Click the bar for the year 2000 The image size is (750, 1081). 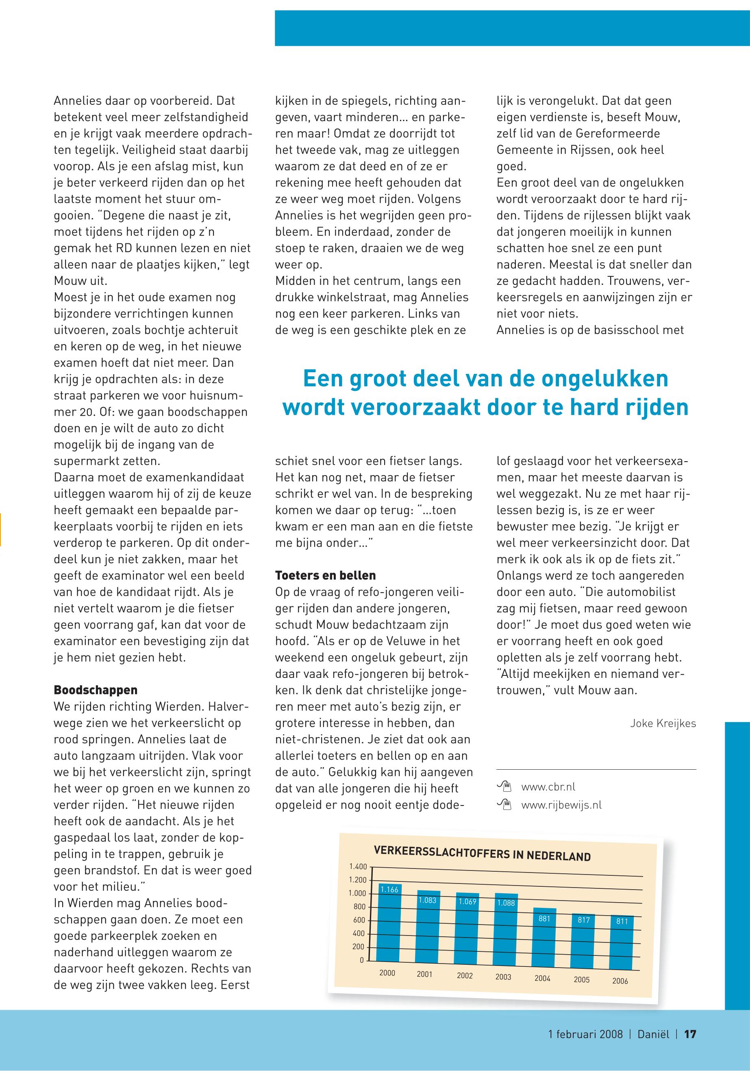click(389, 922)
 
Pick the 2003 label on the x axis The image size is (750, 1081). click(503, 977)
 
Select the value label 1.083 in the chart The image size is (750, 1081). click(427, 901)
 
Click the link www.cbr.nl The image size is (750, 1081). click(548, 786)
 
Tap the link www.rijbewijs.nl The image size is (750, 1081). click(561, 805)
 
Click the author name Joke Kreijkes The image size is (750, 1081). click(663, 723)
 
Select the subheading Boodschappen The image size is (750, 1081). click(96, 690)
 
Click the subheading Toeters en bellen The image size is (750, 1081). click(325, 575)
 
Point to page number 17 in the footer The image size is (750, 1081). click(690, 1034)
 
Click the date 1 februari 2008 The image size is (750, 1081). click(585, 1034)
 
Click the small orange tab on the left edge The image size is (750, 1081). click(1, 530)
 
